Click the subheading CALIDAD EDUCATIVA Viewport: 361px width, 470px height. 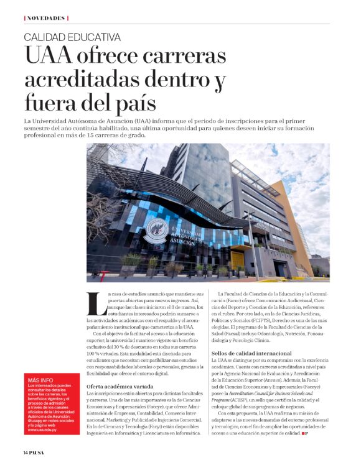72,37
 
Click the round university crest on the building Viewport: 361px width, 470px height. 154,231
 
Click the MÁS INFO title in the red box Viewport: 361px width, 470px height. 40,380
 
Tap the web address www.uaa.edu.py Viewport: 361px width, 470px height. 44,429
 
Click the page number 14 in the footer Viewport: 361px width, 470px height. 27,452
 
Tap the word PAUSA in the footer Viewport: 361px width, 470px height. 41,452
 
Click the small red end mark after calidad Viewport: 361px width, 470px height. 305,433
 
